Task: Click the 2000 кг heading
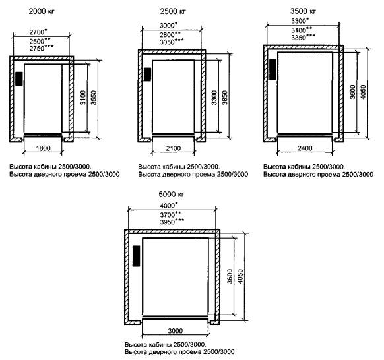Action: click(42, 11)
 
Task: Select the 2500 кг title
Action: click(173, 11)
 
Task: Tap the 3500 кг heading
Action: click(303, 11)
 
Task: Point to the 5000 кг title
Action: click(171, 195)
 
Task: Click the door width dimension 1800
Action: click(43, 148)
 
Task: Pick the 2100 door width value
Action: click(174, 148)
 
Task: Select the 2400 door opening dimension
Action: click(305, 148)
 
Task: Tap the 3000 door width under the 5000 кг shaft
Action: click(176, 331)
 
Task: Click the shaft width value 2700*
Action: click(38, 32)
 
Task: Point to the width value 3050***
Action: click(172, 42)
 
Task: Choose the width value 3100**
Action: click(302, 30)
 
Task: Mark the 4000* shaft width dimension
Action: click(168, 205)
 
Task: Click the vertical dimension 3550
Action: click(94, 98)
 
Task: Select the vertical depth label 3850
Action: click(225, 98)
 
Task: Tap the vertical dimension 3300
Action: click(214, 98)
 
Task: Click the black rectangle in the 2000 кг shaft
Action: click(19, 78)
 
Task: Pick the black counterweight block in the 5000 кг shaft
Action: click(136, 256)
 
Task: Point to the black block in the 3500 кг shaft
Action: click(272, 69)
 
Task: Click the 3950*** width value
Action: click(172, 222)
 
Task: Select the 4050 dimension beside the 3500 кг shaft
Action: click(363, 92)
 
